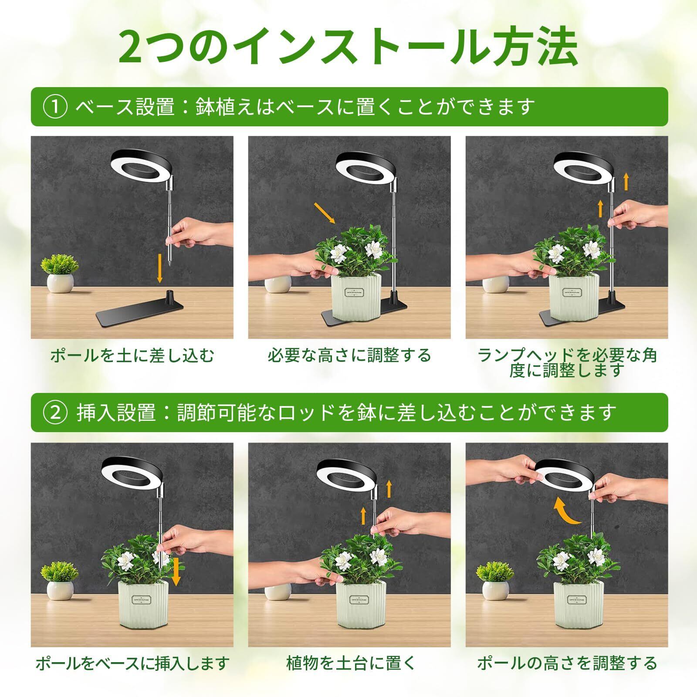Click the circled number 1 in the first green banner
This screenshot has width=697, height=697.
tap(56, 107)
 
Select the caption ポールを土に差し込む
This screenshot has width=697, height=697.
tap(132, 356)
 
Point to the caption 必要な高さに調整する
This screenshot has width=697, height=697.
tap(349, 355)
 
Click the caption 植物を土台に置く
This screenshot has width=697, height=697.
tap(349, 663)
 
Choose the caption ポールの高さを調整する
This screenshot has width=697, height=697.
tap(567, 663)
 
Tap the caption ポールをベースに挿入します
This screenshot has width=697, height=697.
tap(132, 663)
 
